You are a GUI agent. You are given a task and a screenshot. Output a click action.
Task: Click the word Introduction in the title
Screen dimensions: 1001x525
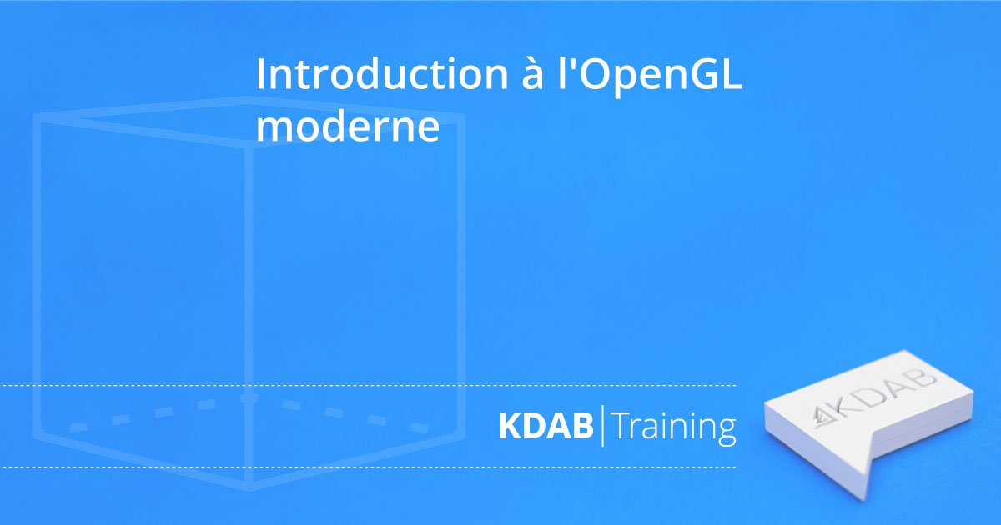(x=382, y=74)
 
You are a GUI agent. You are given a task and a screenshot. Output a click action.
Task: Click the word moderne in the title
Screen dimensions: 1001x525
(x=347, y=127)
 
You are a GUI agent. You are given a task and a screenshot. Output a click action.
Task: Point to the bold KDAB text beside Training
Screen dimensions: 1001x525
(x=546, y=426)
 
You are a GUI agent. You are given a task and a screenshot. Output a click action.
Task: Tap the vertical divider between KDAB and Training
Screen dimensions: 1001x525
(x=602, y=426)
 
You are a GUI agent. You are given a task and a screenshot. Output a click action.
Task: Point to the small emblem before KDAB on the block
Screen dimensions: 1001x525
(x=822, y=417)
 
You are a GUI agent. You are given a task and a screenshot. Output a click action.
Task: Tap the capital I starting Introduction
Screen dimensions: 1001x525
(x=259, y=75)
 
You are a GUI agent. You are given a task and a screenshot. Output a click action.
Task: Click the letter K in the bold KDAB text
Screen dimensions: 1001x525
(x=510, y=426)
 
